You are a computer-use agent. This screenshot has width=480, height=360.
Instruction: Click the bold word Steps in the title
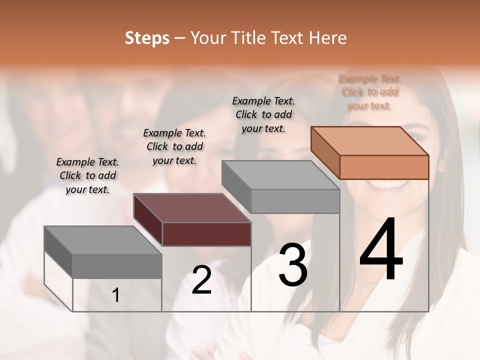(x=147, y=38)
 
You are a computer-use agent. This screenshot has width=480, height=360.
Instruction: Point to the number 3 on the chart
(x=293, y=265)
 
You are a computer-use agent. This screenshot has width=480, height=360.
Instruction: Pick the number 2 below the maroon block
(x=201, y=280)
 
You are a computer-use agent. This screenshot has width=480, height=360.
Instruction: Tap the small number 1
(x=116, y=295)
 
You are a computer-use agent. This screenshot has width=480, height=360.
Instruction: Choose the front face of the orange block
(x=384, y=167)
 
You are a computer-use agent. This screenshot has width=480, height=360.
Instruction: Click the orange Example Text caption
(x=370, y=92)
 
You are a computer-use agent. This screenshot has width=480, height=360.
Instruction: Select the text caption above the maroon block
(x=174, y=146)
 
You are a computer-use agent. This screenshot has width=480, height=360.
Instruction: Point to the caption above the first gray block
(x=87, y=175)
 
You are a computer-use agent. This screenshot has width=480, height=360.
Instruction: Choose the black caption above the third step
(x=263, y=114)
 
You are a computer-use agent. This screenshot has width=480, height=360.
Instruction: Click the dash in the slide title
(x=180, y=38)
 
